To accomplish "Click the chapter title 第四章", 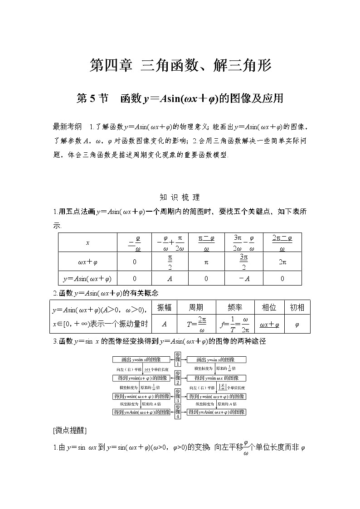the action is click(111, 66).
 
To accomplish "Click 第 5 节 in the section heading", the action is click(93, 98).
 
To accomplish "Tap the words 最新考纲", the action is click(68, 127).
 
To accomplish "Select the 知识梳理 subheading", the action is click(180, 197).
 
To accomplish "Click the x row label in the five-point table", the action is click(88, 242).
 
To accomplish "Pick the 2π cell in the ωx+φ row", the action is click(282, 262).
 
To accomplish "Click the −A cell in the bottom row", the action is click(244, 278).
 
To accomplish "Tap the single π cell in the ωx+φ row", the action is click(206, 262).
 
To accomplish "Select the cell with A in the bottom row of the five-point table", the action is click(169, 278).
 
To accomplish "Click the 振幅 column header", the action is click(164, 307).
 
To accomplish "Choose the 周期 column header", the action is click(196, 307).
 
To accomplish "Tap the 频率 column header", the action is click(235, 307).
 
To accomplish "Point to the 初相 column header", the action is click(297, 307).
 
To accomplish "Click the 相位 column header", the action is click(269, 307).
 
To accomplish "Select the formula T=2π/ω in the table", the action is click(196, 324).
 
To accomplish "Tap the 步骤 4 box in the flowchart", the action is click(178, 411).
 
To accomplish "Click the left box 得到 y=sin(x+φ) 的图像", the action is click(141, 378).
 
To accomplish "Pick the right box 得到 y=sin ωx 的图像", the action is click(216, 378).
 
